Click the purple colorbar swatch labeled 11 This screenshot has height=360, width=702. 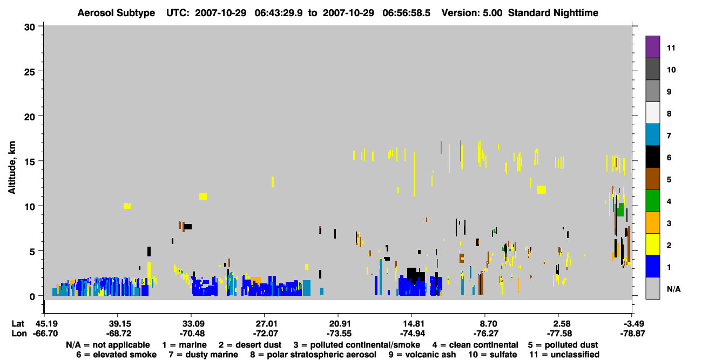pyautogui.click(x=652, y=46)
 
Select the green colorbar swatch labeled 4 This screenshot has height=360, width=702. pyautogui.click(x=652, y=201)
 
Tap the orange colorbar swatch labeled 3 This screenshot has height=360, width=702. pyautogui.click(x=652, y=222)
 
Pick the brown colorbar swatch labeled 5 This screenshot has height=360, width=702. pyautogui.click(x=652, y=179)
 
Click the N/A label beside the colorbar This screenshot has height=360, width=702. pyautogui.click(x=673, y=289)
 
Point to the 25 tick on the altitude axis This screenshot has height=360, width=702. pyautogui.click(x=41, y=71)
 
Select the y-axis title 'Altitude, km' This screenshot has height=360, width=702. pyautogui.click(x=12, y=168)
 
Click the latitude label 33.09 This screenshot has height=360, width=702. pyautogui.click(x=192, y=324)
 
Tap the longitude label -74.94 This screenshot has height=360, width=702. pyautogui.click(x=413, y=334)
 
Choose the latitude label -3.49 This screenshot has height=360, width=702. pyautogui.click(x=632, y=324)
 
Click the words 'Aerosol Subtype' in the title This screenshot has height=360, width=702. pyautogui.click(x=116, y=13)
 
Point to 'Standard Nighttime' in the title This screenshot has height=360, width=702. pyautogui.click(x=553, y=13)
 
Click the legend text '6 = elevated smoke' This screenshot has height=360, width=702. pyautogui.click(x=117, y=355)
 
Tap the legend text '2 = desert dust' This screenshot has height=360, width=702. pyautogui.click(x=250, y=345)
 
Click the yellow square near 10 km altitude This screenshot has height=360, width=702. pyautogui.click(x=127, y=206)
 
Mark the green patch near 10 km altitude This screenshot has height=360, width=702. pyautogui.click(x=619, y=209)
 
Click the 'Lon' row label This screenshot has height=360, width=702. pyautogui.click(x=19, y=334)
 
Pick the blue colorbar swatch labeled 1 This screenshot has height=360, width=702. pyautogui.click(x=652, y=266)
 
